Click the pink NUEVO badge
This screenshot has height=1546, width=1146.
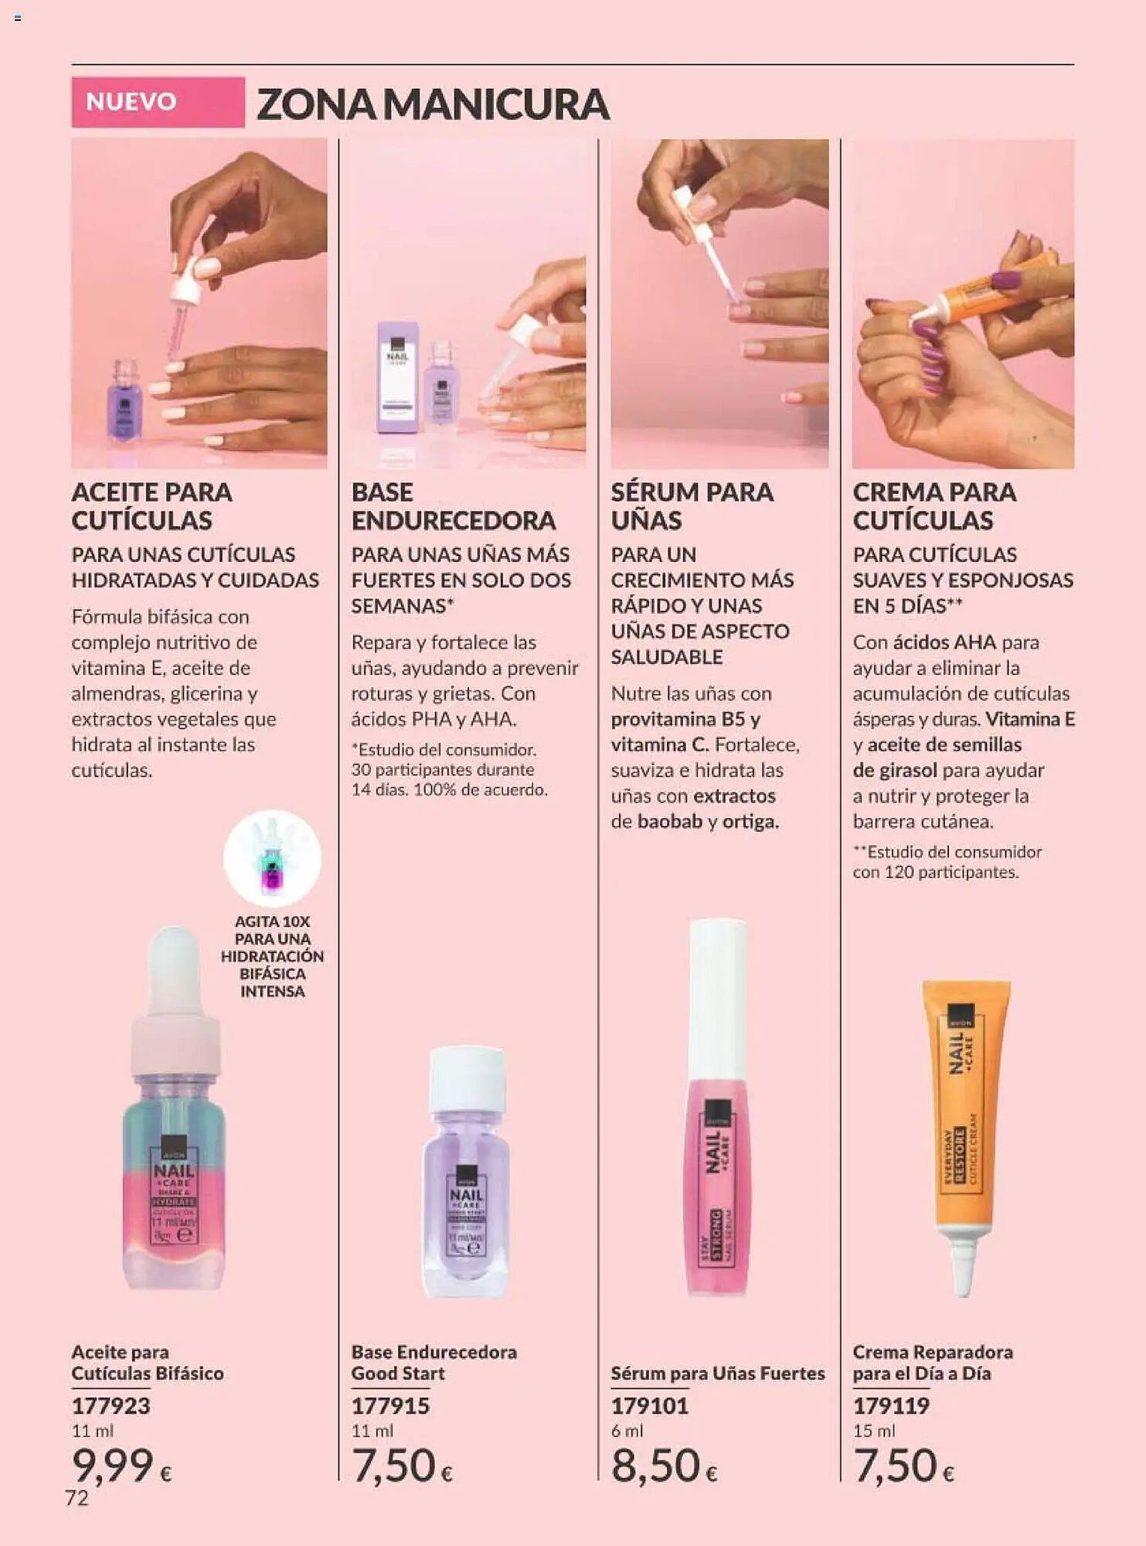(158, 102)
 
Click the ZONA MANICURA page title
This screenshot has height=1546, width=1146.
(433, 104)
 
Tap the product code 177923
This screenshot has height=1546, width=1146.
(111, 1405)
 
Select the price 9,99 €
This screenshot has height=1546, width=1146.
(122, 1465)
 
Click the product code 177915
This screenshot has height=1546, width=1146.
(390, 1405)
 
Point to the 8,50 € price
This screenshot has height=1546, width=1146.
(664, 1465)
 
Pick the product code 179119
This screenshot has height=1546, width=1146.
(891, 1405)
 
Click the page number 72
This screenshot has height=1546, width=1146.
(77, 1498)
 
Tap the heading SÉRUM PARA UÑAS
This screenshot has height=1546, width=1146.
(692, 506)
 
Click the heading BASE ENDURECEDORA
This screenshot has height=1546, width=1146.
(453, 506)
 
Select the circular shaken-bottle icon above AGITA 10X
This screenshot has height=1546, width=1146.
(272, 858)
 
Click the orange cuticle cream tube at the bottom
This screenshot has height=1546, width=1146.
(965, 1105)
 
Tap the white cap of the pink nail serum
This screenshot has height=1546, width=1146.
(717, 997)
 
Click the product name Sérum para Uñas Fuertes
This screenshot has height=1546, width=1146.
(718, 1373)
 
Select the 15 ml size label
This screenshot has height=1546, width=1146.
(874, 1431)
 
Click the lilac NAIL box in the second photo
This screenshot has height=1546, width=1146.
(397, 376)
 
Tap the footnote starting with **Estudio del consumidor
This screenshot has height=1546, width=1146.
(947, 862)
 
